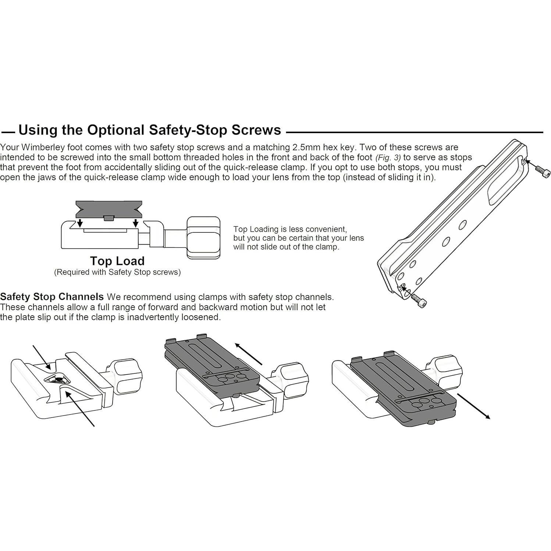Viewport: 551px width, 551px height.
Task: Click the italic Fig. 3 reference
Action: (x=388, y=158)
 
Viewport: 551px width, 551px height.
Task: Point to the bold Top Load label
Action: (x=117, y=261)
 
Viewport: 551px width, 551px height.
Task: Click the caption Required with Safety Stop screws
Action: (x=117, y=272)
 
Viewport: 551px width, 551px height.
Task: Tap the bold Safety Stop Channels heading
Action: (x=52, y=297)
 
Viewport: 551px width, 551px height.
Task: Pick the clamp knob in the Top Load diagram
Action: (x=203, y=238)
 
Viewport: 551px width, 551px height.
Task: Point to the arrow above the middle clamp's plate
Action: (x=249, y=354)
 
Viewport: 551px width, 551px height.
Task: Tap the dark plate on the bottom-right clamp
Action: (x=403, y=390)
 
